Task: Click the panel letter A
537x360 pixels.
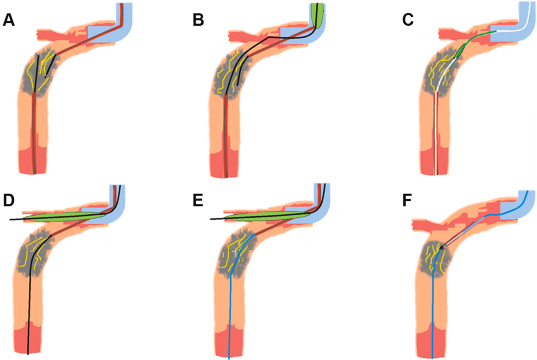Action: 8,20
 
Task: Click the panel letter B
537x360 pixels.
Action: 198,20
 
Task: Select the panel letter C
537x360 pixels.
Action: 408,20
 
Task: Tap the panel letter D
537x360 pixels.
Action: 8,200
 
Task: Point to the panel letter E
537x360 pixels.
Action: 198,200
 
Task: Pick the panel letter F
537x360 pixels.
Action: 407,200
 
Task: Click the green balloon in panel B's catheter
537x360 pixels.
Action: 318,15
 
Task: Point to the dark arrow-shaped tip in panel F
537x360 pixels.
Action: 443,247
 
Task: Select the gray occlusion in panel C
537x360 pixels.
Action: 442,73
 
